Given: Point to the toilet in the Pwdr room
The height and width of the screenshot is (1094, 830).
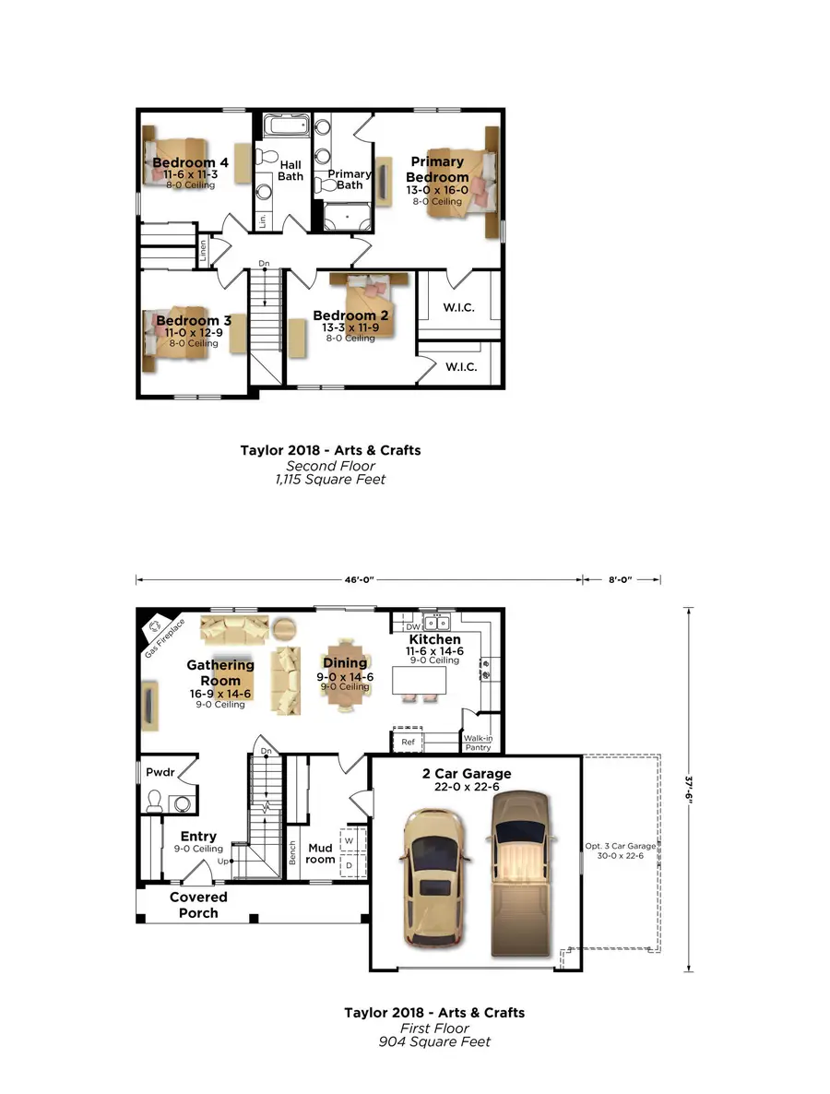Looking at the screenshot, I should (153, 801).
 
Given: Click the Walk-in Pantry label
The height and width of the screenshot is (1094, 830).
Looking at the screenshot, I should (478, 743).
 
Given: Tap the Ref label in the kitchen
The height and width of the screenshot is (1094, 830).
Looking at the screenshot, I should (407, 742).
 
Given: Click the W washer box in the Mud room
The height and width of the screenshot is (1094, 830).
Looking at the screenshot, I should (349, 841).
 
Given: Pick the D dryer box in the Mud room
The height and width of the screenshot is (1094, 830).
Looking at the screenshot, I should (349, 866).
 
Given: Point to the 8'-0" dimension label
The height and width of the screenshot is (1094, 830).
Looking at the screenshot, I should (621, 579).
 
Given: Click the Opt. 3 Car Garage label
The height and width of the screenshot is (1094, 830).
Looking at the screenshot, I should (621, 850).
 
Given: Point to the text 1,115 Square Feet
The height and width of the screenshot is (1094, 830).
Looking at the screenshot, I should (330, 480).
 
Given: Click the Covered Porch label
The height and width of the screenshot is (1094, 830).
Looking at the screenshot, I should (198, 904).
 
